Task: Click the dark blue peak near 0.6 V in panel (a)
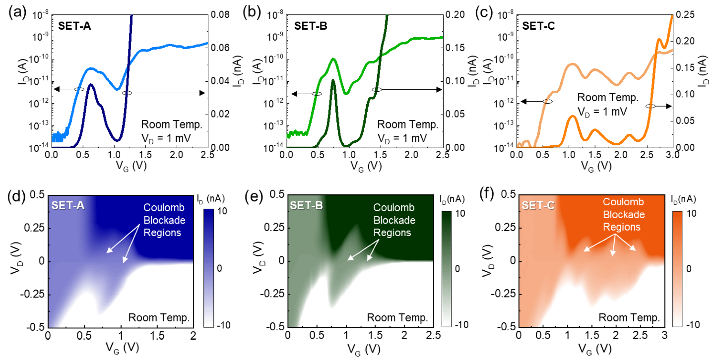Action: point(91,85)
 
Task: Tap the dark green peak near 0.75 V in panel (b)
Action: point(333,80)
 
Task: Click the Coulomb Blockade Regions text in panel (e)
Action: point(394,220)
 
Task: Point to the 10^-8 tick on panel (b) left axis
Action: point(276,15)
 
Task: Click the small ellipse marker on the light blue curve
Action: point(79,89)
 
